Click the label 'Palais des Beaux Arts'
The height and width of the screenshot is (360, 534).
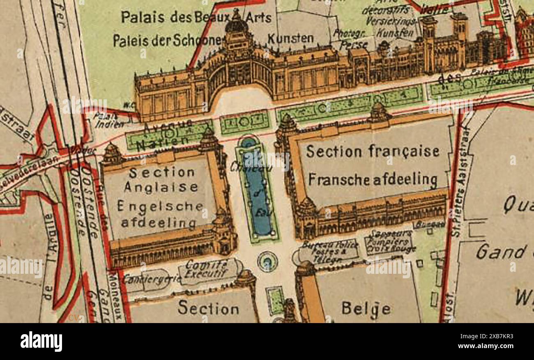click(x=196, y=17)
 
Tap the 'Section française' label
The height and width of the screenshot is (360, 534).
click(x=373, y=151)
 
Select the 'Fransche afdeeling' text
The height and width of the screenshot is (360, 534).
click(x=373, y=179)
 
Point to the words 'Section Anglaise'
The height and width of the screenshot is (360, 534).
click(x=161, y=179)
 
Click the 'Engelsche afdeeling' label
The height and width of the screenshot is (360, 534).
click(x=160, y=214)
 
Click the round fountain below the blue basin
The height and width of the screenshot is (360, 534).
click(x=267, y=261)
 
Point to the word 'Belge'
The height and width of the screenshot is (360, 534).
click(x=366, y=308)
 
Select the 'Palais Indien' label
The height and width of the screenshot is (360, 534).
click(x=108, y=120)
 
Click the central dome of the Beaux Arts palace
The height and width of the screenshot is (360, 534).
click(x=236, y=25)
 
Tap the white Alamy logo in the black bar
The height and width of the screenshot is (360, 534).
click(x=41, y=342)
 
